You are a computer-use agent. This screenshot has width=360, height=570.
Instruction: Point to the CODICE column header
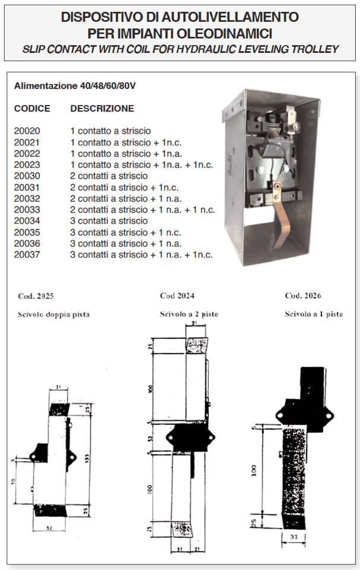[x=32, y=109]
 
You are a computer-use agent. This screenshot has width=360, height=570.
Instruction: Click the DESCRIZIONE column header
[x=102, y=109]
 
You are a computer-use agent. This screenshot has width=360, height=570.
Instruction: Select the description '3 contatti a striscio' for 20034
[x=109, y=221]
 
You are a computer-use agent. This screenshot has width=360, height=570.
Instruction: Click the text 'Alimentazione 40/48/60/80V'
[x=75, y=86]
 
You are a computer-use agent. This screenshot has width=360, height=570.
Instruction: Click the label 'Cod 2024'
[x=177, y=295]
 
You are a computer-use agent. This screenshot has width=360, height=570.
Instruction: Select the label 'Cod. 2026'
[x=303, y=296]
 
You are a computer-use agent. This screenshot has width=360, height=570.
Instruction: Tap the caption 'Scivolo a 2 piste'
[x=189, y=314]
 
